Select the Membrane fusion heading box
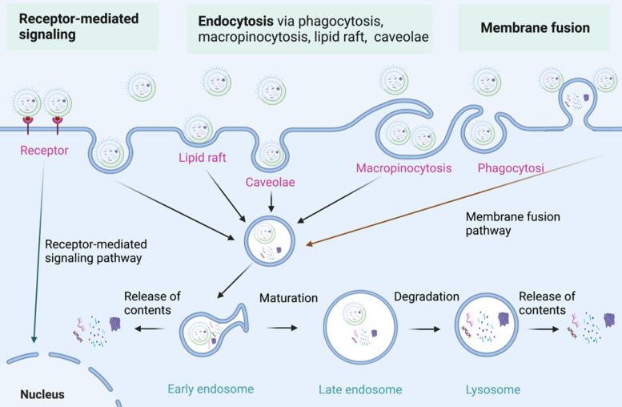click(535, 28)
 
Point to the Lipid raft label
click(202, 158)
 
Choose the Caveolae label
click(271, 183)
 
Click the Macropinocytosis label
click(403, 168)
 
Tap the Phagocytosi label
click(511, 168)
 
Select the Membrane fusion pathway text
click(513, 224)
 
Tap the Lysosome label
click(492, 390)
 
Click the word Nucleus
click(42, 395)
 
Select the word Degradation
click(426, 296)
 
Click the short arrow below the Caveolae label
click(271, 203)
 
